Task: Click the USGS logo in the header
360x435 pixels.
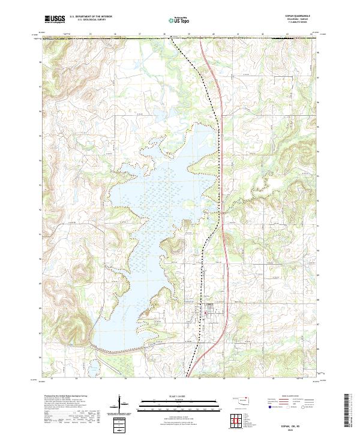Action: point(55,19)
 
